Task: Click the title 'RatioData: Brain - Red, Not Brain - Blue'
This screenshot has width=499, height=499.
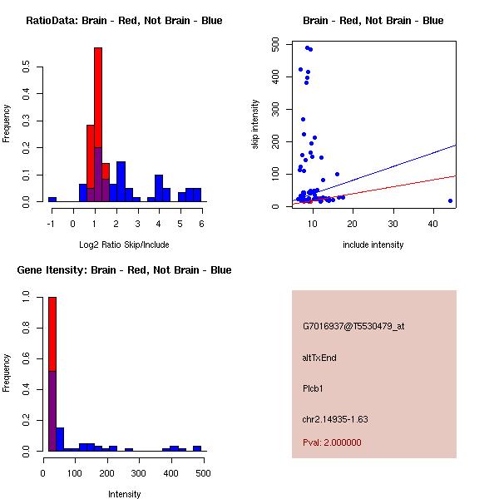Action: pyautogui.click(x=124, y=21)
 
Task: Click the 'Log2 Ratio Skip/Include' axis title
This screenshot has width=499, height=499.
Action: pyautogui.click(x=124, y=244)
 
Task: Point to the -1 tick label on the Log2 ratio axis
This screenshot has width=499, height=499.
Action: pyautogui.click(x=52, y=223)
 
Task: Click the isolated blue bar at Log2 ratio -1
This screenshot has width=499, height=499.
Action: pyautogui.click(x=52, y=200)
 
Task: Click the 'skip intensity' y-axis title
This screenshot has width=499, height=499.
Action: pyautogui.click(x=255, y=124)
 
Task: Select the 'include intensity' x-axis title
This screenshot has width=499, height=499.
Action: pyautogui.click(x=373, y=245)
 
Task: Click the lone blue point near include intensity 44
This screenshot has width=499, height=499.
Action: pyautogui.click(x=450, y=200)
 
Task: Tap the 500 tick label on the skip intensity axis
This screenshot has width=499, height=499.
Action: pyautogui.click(x=275, y=45)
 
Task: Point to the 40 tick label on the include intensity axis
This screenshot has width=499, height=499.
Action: pyautogui.click(x=433, y=223)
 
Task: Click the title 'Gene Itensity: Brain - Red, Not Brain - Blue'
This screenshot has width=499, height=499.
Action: pyautogui.click(x=125, y=270)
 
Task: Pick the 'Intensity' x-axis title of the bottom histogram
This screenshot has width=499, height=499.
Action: pyautogui.click(x=124, y=494)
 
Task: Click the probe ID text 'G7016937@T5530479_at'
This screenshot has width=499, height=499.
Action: pyautogui.click(x=353, y=327)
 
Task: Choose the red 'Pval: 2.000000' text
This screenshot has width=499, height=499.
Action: pyautogui.click(x=332, y=442)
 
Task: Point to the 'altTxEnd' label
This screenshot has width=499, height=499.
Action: pyautogui.click(x=319, y=358)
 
